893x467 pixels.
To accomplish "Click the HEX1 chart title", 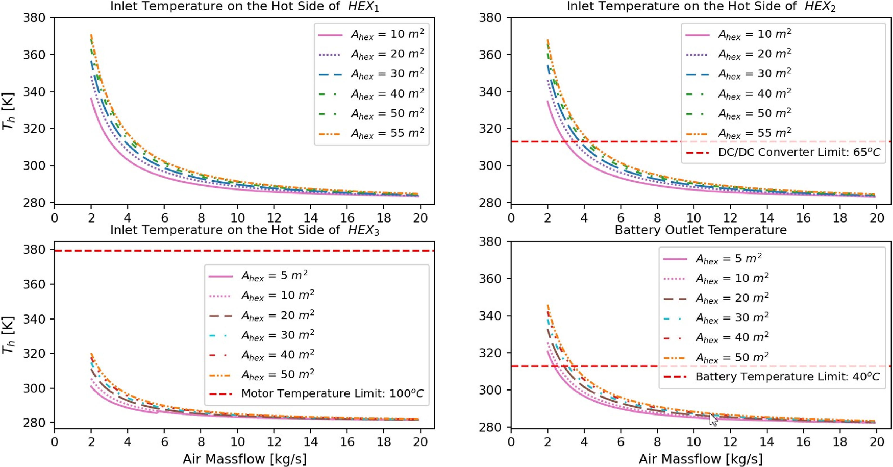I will click(244, 7).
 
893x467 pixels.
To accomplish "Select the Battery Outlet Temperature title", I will click(701, 230).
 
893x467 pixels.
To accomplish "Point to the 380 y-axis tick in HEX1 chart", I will click(34, 18).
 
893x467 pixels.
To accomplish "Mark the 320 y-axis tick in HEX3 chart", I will click(34, 354).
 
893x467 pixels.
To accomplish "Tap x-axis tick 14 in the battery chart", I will click(767, 442).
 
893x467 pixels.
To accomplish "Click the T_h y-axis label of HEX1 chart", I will click(8, 111).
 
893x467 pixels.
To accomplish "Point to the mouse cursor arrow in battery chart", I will click(713, 420).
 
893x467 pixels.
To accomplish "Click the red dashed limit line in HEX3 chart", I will click(139, 250).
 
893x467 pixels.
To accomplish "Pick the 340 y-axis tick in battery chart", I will click(490, 316).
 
